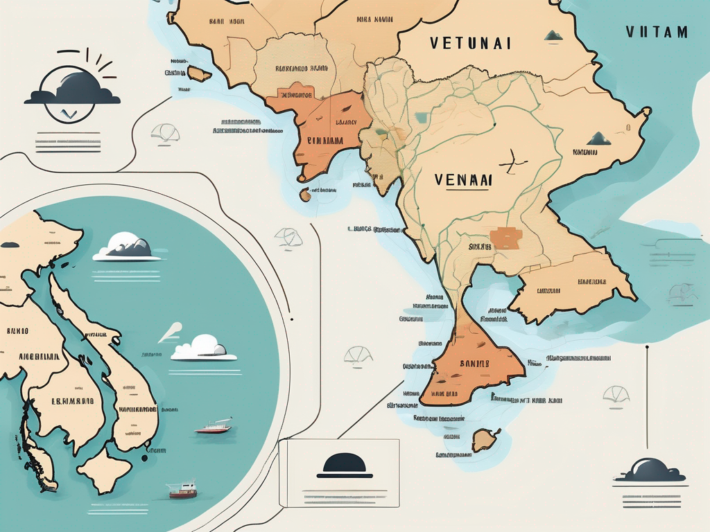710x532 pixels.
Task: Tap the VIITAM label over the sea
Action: pyautogui.click(x=656, y=32)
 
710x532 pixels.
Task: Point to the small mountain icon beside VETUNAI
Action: pyautogui.click(x=553, y=35)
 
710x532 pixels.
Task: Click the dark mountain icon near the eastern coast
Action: pyautogui.click(x=599, y=139)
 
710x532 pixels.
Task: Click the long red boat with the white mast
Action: pyautogui.click(x=213, y=427)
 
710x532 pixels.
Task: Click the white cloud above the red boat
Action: pyautogui.click(x=205, y=347)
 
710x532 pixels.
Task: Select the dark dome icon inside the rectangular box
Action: pyautogui.click(x=344, y=465)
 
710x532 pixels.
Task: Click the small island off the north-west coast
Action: pyautogui.click(x=200, y=73)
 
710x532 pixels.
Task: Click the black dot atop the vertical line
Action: pyautogui.click(x=646, y=348)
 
